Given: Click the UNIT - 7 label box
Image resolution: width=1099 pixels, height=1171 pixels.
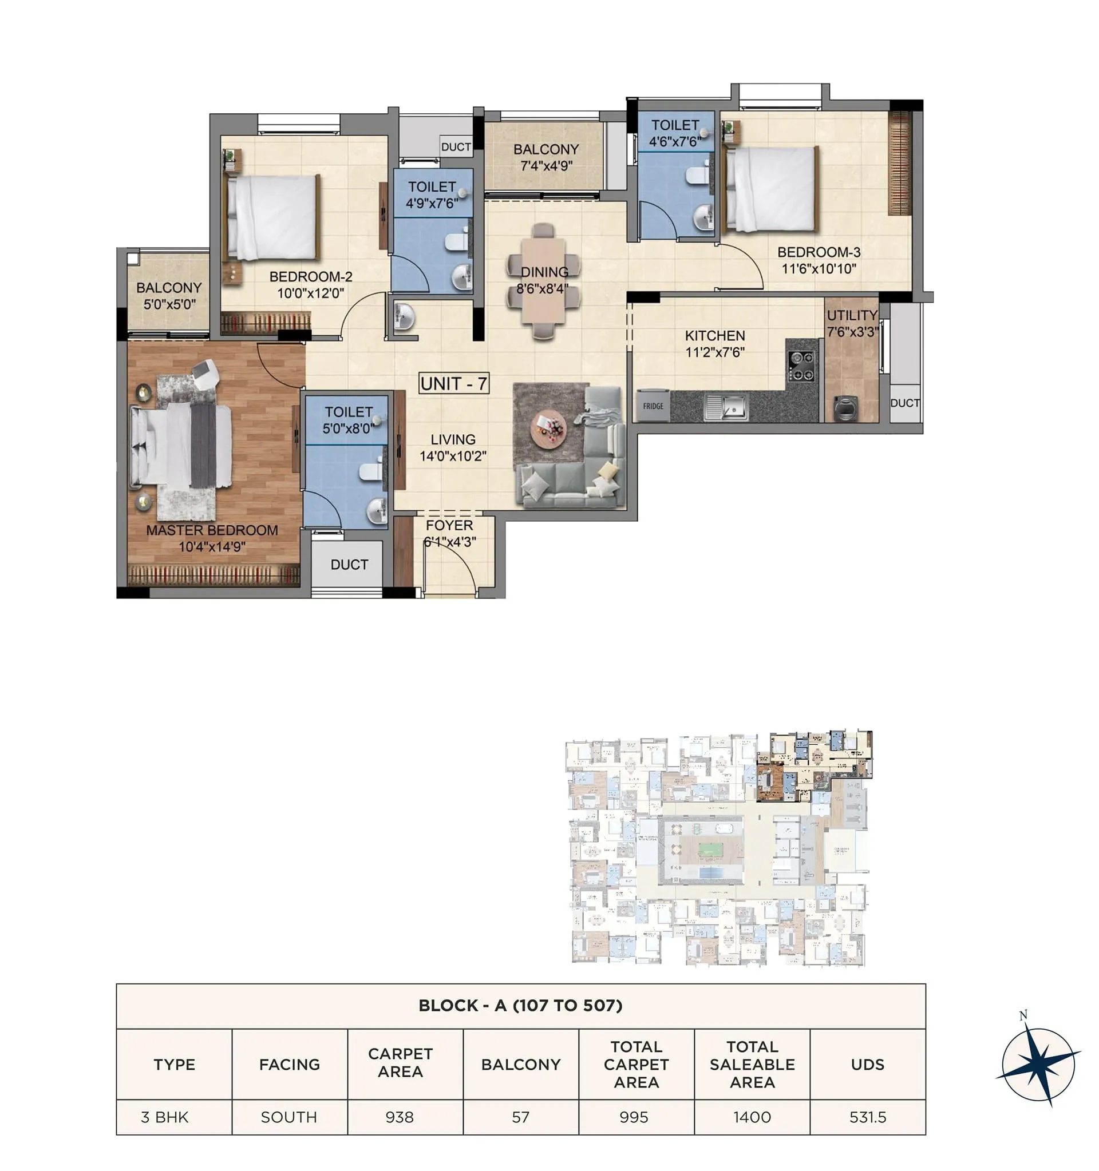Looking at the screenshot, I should [453, 383].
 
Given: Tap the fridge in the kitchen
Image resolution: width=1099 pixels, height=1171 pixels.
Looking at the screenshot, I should [653, 406].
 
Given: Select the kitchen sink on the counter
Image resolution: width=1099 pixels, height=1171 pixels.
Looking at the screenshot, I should [726, 406].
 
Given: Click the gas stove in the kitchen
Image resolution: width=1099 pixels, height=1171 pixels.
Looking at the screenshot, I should [801, 365].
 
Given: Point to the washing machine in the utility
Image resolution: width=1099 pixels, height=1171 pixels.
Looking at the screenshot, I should [845, 408].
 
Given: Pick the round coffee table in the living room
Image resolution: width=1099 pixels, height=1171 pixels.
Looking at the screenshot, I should [548, 429].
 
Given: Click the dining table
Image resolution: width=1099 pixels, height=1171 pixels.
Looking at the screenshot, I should [543, 281].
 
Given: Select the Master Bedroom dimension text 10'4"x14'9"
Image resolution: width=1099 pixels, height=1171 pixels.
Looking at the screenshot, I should [212, 547].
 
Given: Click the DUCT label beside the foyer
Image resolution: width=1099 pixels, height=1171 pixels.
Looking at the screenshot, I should [349, 565].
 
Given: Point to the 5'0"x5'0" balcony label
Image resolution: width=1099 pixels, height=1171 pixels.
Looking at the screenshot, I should [169, 304].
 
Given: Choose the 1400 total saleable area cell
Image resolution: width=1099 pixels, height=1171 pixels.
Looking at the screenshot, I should [752, 1117].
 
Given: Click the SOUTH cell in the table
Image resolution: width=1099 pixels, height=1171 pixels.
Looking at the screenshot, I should [288, 1117].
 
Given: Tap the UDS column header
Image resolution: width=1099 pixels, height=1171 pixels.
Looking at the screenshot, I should [867, 1065].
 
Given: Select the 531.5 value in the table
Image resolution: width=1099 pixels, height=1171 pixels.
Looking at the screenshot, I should [867, 1117].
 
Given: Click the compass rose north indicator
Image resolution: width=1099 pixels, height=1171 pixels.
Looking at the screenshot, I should [1023, 1015].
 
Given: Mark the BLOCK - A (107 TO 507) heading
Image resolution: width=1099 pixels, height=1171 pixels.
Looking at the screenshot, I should [520, 1006].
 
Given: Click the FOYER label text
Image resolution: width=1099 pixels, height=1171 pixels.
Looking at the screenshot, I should [449, 525].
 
